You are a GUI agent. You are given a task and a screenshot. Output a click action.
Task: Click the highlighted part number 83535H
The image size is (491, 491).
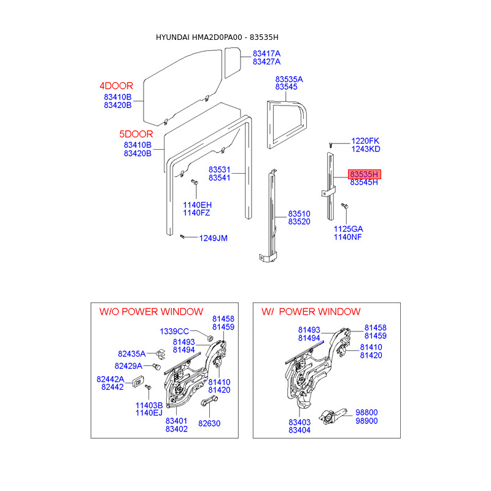[x=364, y=174]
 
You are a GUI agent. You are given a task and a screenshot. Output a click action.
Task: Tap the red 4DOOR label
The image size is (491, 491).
[x=117, y=86]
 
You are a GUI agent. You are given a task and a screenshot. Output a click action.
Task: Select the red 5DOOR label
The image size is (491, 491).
[x=136, y=134]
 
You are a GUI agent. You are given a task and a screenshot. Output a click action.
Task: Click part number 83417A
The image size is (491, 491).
[x=266, y=53]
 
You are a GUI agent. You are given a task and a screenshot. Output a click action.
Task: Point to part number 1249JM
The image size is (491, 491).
[x=213, y=238]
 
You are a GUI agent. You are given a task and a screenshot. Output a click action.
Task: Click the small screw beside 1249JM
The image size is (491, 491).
[x=184, y=236]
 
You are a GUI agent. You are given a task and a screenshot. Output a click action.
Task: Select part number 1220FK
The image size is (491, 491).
[x=365, y=141]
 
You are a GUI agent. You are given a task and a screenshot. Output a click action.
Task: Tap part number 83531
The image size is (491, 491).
[x=219, y=169]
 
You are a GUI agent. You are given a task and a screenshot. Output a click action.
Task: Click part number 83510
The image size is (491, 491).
[x=300, y=214]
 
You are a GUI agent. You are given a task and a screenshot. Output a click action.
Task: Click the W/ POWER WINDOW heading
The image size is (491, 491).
[x=311, y=312]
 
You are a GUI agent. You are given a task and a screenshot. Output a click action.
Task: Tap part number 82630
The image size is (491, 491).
[x=209, y=423]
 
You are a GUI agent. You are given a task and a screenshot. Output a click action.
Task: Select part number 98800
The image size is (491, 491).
[x=366, y=412]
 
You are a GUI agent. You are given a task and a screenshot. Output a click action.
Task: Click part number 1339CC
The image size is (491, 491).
[x=174, y=331]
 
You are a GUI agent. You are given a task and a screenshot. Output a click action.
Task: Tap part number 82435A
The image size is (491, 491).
[x=132, y=354]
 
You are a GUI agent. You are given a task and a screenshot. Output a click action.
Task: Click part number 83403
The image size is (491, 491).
[x=300, y=422]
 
